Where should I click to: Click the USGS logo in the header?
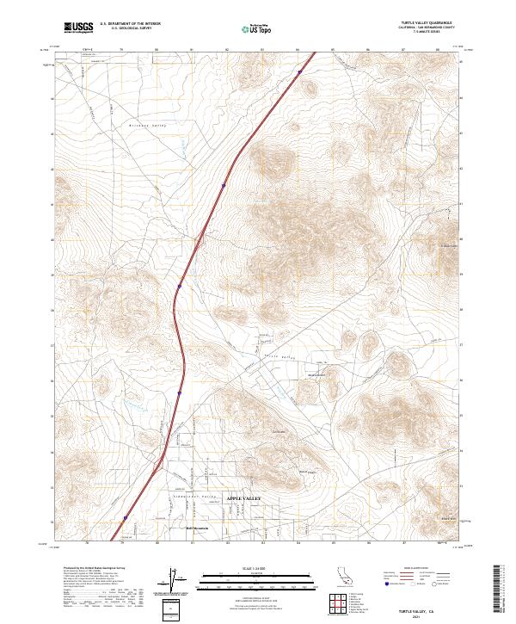click(x=78, y=28)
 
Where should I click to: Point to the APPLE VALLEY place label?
click(x=241, y=498)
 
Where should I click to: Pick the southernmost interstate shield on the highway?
click(x=125, y=518)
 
